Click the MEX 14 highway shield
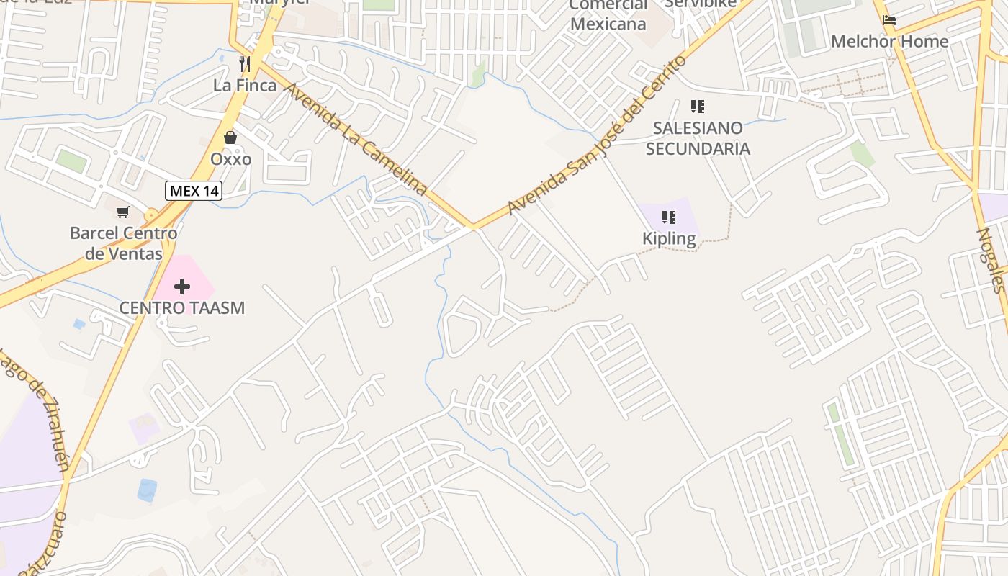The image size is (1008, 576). pyautogui.click(x=194, y=191)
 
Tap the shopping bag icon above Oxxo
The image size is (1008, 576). pyautogui.click(x=230, y=137)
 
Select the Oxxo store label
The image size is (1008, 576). pyautogui.click(x=230, y=158)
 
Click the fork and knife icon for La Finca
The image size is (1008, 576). pyautogui.click(x=245, y=64)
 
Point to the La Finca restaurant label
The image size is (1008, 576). pyautogui.click(x=245, y=85)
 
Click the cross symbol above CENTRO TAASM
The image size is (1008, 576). pyautogui.click(x=182, y=287)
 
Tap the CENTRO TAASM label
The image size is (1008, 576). pyautogui.click(x=182, y=308)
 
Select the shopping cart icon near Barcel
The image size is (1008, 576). pyautogui.click(x=123, y=212)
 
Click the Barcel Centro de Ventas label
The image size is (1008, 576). pyautogui.click(x=123, y=243)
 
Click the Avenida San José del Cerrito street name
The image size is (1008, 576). pyautogui.click(x=597, y=135)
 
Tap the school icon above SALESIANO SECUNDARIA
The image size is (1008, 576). pyautogui.click(x=697, y=107)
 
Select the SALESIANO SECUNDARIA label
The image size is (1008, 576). pyautogui.click(x=697, y=138)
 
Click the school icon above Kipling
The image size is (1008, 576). pyautogui.click(x=669, y=217)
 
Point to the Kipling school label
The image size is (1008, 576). pyautogui.click(x=669, y=238)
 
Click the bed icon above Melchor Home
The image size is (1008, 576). pyautogui.click(x=889, y=20)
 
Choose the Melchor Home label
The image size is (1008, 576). pyautogui.click(x=889, y=42)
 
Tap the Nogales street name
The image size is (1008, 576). pyautogui.click(x=991, y=260)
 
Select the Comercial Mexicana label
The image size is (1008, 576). pyautogui.click(x=608, y=14)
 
